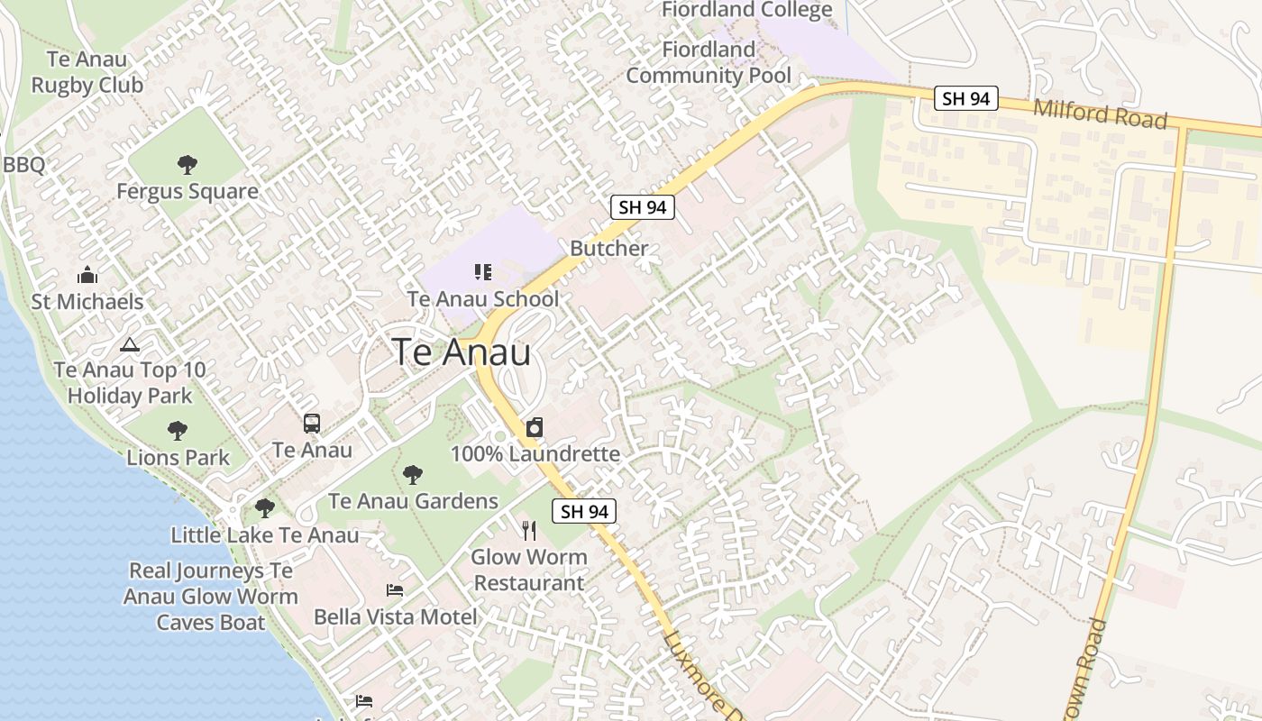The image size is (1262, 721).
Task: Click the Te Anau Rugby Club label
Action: tap(87, 72)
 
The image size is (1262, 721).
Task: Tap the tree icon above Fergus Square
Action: tap(187, 164)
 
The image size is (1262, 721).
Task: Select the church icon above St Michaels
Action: tap(87, 275)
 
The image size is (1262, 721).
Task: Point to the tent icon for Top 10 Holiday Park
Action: tap(130, 344)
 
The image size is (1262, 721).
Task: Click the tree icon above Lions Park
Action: tap(178, 430)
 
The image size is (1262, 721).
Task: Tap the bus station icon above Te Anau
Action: tap(312, 423)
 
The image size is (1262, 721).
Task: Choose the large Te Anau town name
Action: tap(462, 352)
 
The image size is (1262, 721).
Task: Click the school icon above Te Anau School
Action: tap(483, 271)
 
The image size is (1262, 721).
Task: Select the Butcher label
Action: tap(609, 248)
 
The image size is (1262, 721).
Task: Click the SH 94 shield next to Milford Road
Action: tap(966, 98)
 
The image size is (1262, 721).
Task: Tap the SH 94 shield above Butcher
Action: tap(643, 206)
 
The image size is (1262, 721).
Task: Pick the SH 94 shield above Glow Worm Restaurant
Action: tap(584, 511)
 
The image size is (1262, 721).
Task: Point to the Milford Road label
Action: tap(1100, 114)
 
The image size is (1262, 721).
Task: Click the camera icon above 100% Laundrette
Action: tap(535, 427)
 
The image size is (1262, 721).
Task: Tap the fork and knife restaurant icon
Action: tap(529, 530)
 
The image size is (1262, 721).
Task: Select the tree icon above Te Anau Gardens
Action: tap(413, 474)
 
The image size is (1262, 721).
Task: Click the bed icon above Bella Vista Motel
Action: tap(395, 590)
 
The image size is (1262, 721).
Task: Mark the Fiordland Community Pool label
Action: tap(709, 62)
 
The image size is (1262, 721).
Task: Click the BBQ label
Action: tap(24, 165)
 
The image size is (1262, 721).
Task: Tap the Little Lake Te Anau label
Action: tap(265, 534)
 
